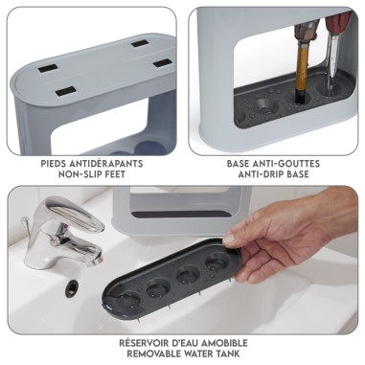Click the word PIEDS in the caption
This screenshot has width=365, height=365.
[x=54, y=164]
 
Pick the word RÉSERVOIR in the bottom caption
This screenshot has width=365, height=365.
[x=143, y=343]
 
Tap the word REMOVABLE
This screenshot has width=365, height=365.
[x=151, y=354]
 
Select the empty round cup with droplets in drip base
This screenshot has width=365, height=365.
[x=266, y=106]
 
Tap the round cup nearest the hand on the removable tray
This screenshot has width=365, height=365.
[x=217, y=262]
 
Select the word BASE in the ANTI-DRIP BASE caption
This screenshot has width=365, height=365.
[x=298, y=174]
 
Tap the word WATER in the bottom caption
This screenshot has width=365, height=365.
[x=195, y=354]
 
